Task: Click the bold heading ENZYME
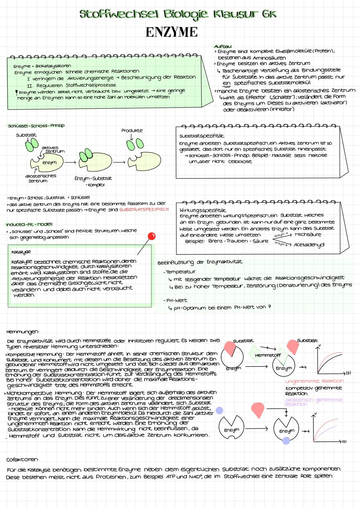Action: coord(172,32)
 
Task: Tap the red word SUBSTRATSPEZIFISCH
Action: coord(144,210)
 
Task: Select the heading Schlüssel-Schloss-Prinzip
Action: coord(36,126)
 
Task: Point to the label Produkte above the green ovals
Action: coord(132,131)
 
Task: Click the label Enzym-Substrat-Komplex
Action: coord(93,182)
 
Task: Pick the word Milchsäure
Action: coord(308,235)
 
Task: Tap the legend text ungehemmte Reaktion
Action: coord(314,381)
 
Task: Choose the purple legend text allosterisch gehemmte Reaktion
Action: coord(314,401)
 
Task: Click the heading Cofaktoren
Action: coord(22,459)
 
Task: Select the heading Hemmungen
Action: coord(23,332)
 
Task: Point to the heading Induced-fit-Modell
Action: coord(29,224)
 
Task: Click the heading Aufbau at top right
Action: coord(222,46)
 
